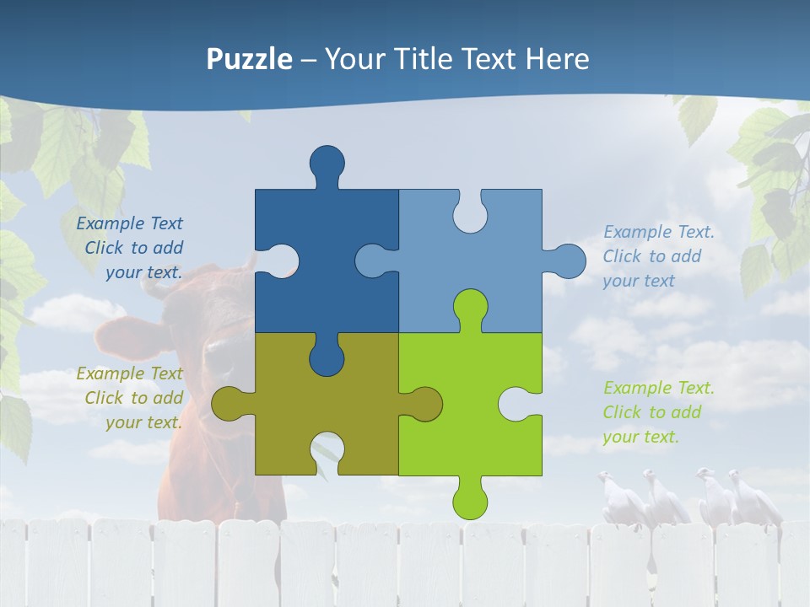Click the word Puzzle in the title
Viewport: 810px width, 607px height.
click(249, 59)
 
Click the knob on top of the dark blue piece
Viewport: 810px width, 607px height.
click(327, 162)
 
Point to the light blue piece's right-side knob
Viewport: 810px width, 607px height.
click(568, 261)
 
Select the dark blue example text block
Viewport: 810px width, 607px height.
click(132, 248)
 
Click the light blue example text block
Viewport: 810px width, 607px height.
click(658, 256)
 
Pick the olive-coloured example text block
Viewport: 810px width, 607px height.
click(132, 398)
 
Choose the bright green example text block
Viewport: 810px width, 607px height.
click(658, 412)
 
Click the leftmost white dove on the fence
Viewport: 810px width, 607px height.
click(614, 497)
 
